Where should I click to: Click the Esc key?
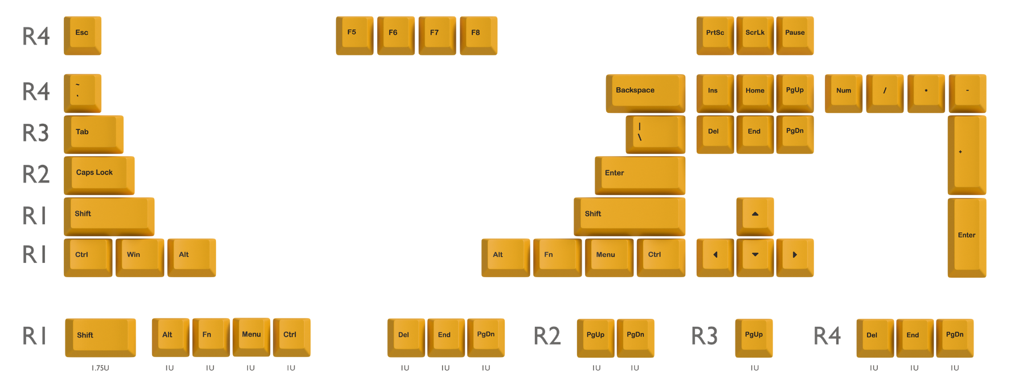pyautogui.click(x=83, y=35)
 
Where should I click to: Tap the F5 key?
pyautogui.click(x=354, y=35)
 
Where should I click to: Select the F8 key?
pyautogui.click(x=479, y=35)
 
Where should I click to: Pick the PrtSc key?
pyautogui.click(x=715, y=35)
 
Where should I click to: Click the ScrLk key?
pyautogui.click(x=755, y=35)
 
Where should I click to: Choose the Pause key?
pyautogui.click(x=795, y=35)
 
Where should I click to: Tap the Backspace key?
pyautogui.click(x=645, y=93)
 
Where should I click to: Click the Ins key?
pyautogui.click(x=715, y=93)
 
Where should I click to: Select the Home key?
pyautogui.click(x=755, y=93)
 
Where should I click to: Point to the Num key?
pyautogui.click(x=844, y=93)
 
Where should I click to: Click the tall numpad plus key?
pyautogui.click(x=967, y=155)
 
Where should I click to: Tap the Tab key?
pyautogui.click(x=93, y=134)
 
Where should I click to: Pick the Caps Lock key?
pyautogui.click(x=99, y=175)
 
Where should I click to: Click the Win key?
pyautogui.click(x=140, y=257)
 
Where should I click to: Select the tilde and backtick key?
pyautogui.click(x=83, y=93)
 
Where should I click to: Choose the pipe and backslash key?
pyautogui.click(x=655, y=134)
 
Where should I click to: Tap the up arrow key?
pyautogui.click(x=755, y=216)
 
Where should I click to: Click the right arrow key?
pyautogui.click(x=795, y=257)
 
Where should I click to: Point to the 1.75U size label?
pyautogui.click(x=100, y=368)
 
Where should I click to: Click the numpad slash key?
pyautogui.click(x=885, y=93)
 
